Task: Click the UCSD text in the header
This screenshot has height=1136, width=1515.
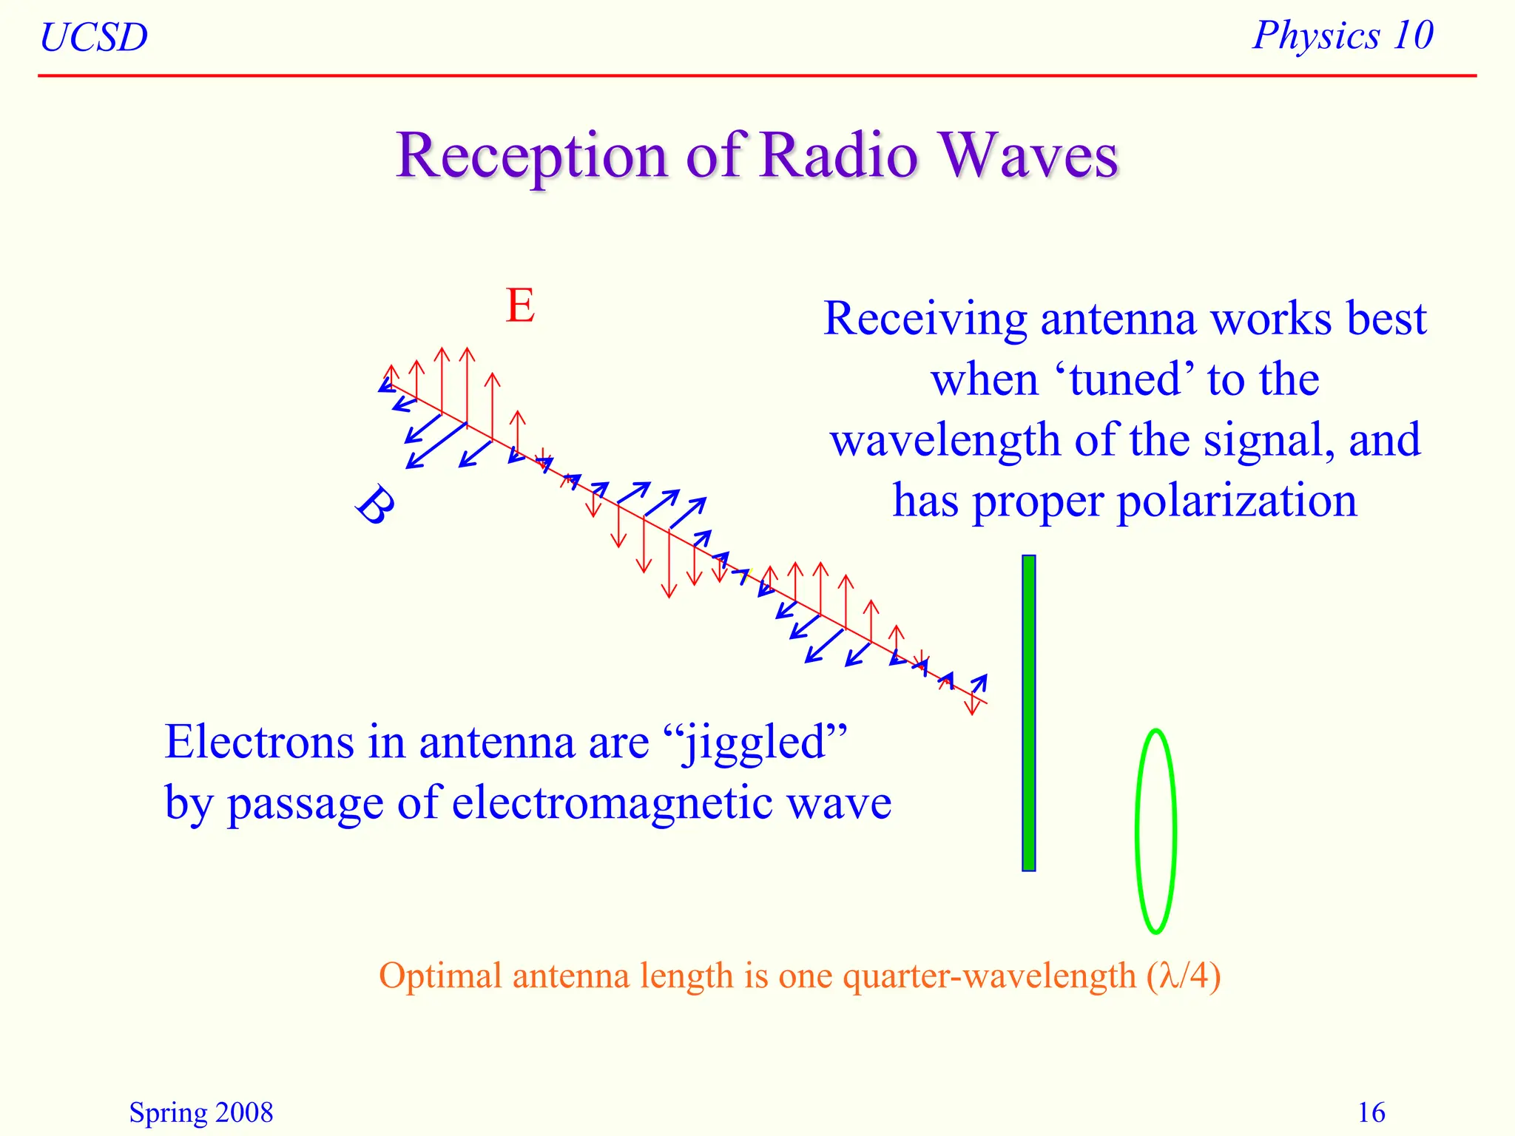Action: click(x=94, y=38)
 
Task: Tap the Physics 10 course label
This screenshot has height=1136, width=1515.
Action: click(x=1343, y=35)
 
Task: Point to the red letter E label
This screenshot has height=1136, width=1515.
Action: click(x=520, y=305)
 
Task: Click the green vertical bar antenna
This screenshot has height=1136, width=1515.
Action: click(x=1028, y=713)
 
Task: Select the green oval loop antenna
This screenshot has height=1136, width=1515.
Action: click(x=1155, y=831)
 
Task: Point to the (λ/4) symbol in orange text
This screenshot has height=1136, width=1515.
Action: click(x=1183, y=976)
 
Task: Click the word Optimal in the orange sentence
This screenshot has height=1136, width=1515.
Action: click(x=441, y=976)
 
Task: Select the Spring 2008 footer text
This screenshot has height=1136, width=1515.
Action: click(x=201, y=1112)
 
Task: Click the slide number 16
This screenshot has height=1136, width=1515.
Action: click(x=1371, y=1112)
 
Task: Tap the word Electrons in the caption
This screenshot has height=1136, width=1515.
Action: click(x=259, y=742)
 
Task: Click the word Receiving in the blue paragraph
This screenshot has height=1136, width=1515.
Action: click(x=925, y=319)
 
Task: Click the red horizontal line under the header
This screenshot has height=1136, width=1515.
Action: click(x=757, y=75)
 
